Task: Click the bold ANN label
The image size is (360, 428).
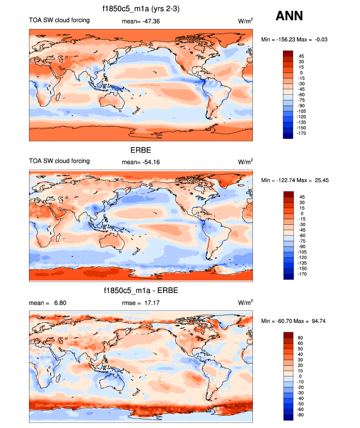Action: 289,16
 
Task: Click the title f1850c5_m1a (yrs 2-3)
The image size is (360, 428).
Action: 140,8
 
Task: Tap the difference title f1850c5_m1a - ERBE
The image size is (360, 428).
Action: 140,291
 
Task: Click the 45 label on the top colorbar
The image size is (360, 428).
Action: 301,55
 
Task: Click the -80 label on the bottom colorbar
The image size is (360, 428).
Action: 302,415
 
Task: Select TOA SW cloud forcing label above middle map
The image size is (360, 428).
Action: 59,161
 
